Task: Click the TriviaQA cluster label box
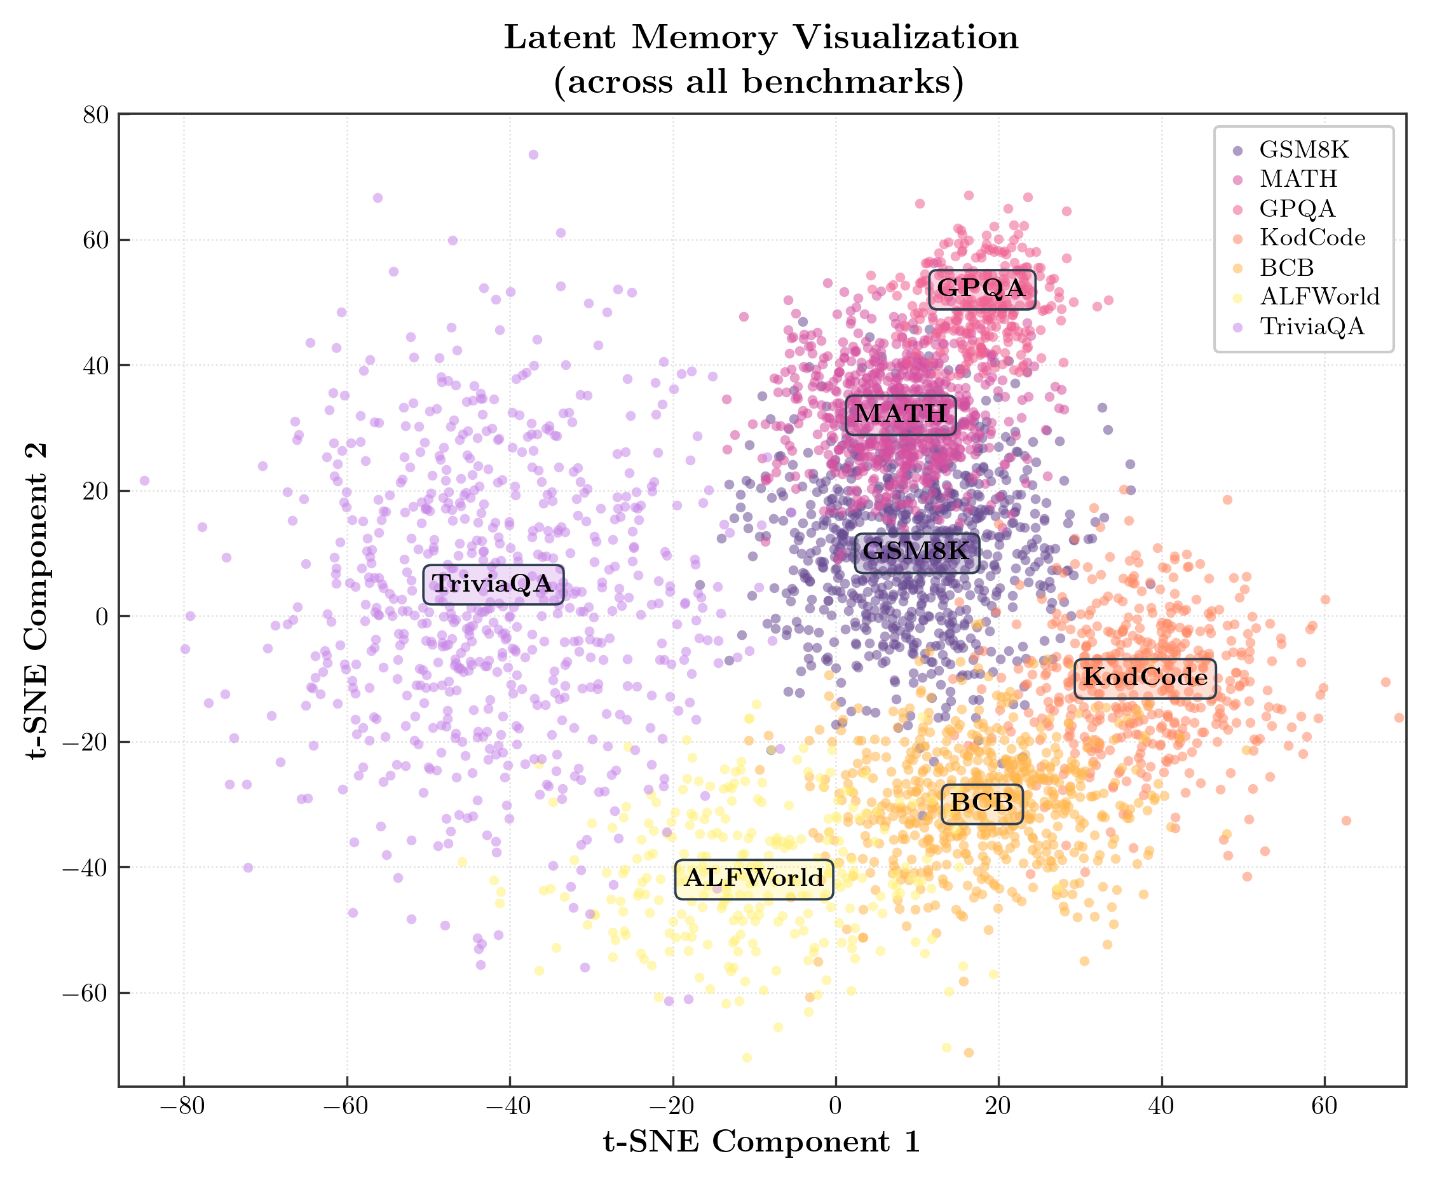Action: tap(493, 584)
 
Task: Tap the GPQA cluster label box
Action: tap(981, 289)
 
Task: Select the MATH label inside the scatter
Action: tap(900, 414)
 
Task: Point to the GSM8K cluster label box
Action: tap(916, 552)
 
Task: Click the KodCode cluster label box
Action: tap(1145, 677)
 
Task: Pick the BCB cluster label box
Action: tap(981, 803)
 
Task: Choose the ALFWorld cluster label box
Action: tap(754, 878)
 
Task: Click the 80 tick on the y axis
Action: tap(96, 115)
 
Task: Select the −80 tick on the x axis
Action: tap(182, 1106)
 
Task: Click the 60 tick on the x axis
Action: tap(1324, 1106)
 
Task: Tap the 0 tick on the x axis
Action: tap(836, 1106)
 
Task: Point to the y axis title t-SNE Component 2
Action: tap(37, 599)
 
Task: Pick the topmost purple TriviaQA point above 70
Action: tap(533, 155)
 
